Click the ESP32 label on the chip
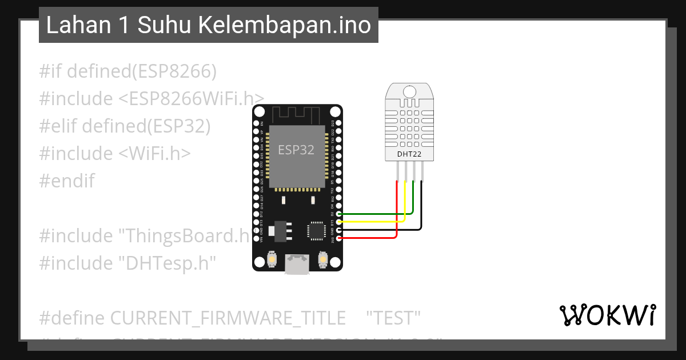296,150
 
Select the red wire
397,211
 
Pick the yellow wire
405,206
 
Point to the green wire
413,200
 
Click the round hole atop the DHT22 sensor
409,91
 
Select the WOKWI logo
607,315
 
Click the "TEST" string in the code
393,318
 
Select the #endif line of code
67,181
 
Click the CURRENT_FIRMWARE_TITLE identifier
228,318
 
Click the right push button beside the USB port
323,261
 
